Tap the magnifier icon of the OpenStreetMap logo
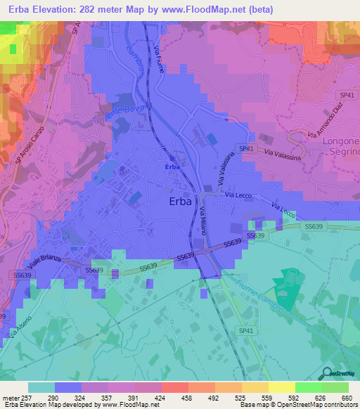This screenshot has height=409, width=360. pos(325,373)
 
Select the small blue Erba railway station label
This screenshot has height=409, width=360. pos(171,167)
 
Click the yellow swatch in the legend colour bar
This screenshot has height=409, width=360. pos(282,387)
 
